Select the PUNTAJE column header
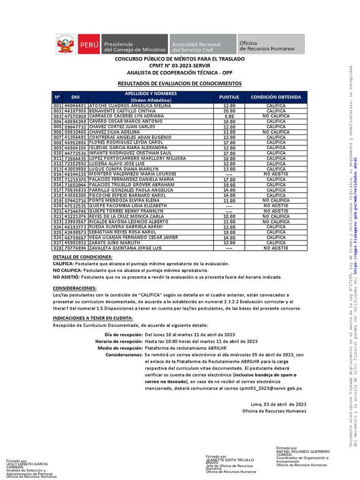click(229, 97)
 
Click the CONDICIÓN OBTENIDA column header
click(276, 97)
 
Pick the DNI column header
click(75, 97)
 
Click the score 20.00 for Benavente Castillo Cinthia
click(229, 111)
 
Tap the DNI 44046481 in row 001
click(75, 106)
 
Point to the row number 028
click(58, 248)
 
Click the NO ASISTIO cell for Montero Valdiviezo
click(276, 174)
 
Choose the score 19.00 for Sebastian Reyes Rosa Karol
click(229, 232)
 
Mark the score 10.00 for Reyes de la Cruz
click(229, 216)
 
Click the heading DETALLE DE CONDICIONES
click(82, 257)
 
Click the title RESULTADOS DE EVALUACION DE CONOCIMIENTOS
click(180, 83)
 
